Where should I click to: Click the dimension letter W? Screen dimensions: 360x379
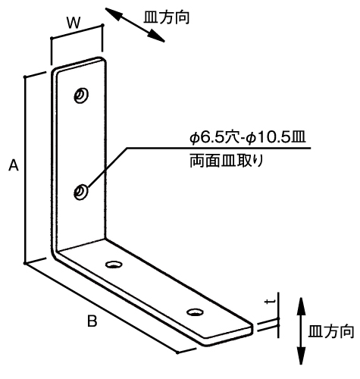[74, 23]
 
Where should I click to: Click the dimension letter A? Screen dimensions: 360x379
[14, 165]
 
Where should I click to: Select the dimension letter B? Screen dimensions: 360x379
[92, 321]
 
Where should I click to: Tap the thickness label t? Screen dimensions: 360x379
[271, 302]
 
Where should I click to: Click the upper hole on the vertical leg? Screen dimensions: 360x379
[81, 96]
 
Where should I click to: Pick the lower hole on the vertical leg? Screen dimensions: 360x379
[80, 193]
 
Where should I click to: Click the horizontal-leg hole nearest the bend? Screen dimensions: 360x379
[114, 265]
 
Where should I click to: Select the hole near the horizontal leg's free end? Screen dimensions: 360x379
[195, 312]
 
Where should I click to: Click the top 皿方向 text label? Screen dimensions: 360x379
[167, 17]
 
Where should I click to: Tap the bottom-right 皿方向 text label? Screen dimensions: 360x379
[331, 331]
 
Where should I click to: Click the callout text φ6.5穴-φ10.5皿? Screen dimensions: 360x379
[248, 138]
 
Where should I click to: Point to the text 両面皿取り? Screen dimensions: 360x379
[227, 161]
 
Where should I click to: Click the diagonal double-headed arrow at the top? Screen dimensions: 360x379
[135, 24]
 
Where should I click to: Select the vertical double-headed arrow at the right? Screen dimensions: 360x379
[301, 331]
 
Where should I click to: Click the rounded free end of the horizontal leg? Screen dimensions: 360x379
[252, 328]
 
